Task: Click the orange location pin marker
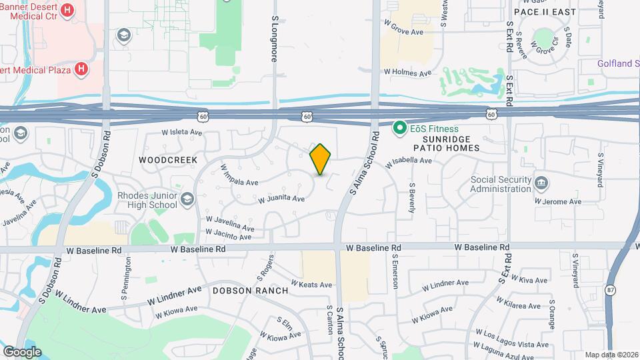(x=321, y=159)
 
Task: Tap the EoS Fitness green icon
(x=400, y=127)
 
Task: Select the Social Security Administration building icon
(x=541, y=181)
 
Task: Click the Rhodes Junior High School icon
(x=187, y=199)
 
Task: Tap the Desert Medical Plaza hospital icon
(x=81, y=69)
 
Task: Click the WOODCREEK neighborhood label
(x=159, y=161)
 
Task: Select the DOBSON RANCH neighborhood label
(x=250, y=291)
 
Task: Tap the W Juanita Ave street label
(x=281, y=199)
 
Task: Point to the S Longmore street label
(x=274, y=40)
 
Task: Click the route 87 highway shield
(x=611, y=290)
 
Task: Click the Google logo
(x=22, y=351)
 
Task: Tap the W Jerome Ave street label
(x=558, y=202)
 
